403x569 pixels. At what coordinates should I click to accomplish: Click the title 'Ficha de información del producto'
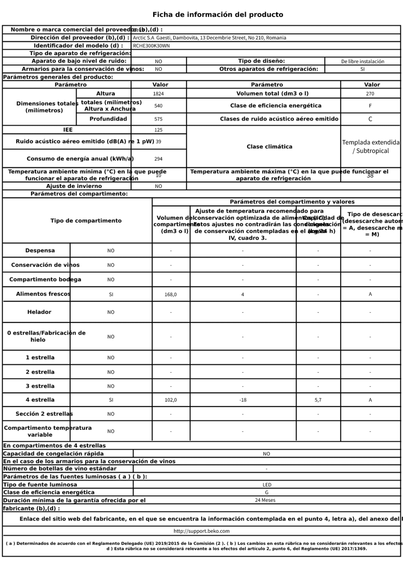pos(218,14)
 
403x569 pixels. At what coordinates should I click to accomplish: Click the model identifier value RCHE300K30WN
pos(151,45)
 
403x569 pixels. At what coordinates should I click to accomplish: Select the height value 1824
pos(158,94)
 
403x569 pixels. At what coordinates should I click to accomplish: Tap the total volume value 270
pos(370,94)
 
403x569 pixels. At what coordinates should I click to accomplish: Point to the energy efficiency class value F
pos(370,106)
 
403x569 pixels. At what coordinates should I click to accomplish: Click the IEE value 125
pos(158,130)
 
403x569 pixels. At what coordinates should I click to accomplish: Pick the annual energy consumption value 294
pos(158,159)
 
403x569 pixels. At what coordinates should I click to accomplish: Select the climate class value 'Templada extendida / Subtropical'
pos(371,146)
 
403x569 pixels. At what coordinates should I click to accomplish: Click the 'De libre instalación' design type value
pos(363,61)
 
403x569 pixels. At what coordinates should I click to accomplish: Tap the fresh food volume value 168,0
pos(170,294)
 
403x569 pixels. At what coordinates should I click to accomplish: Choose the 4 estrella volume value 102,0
pos(170,400)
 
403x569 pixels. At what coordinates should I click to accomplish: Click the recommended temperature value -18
pos(243,400)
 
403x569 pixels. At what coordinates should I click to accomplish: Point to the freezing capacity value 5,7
pos(318,400)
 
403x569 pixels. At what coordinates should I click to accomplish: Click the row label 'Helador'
pos(39,312)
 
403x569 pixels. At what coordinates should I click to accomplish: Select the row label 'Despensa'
pos(40,251)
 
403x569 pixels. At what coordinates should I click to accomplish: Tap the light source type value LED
pos(267,484)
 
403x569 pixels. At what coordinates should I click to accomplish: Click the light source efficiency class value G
pos(267,493)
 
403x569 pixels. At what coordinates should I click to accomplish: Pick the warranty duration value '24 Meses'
pos(265,500)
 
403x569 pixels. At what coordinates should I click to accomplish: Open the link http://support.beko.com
pos(201,531)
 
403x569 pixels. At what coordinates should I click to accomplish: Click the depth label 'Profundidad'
pos(108,119)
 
